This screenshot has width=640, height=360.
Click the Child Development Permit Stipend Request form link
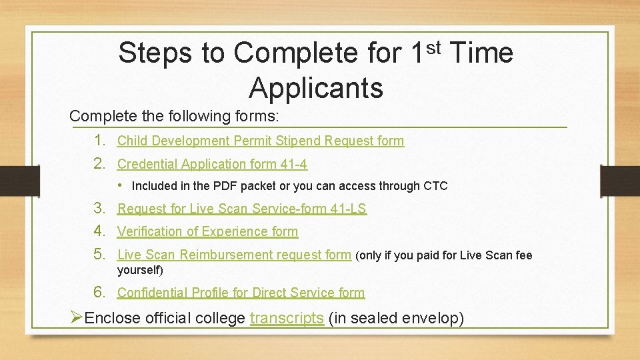point(260,141)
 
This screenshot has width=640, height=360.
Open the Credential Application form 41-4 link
point(212,164)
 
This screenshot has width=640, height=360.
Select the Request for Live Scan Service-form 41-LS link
point(241,209)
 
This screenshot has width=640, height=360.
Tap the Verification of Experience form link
point(207,232)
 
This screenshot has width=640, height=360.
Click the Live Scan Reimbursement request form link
point(233,255)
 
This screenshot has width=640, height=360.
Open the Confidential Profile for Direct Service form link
point(241,293)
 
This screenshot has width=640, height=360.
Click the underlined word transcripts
point(287,319)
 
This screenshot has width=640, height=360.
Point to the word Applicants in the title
point(316,87)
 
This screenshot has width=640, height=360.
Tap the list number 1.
point(100,140)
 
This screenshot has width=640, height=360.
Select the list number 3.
point(100,208)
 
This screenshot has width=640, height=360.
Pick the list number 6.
point(100,292)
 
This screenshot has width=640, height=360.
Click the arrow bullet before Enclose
point(77,318)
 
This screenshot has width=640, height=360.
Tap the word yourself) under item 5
point(140,271)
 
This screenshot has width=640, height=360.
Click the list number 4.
point(100,231)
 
